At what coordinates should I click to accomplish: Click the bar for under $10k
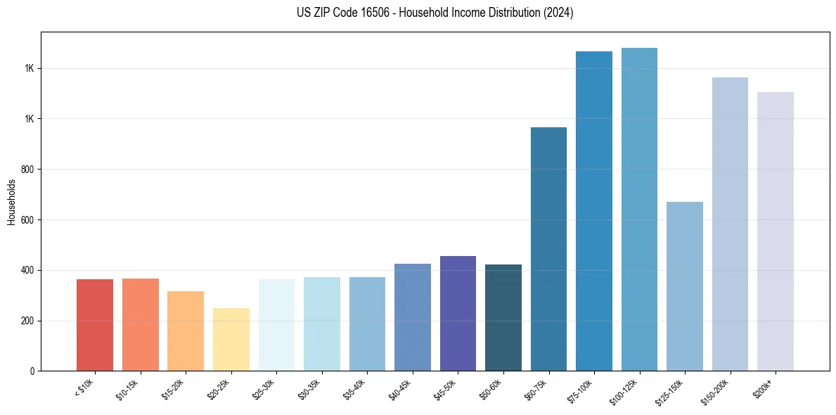click(95, 325)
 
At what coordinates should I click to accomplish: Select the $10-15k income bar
click(140, 324)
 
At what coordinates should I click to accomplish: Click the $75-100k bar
click(594, 211)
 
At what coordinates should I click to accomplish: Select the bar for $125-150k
click(685, 286)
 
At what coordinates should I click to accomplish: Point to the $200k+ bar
click(776, 231)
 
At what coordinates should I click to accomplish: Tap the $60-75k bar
click(548, 249)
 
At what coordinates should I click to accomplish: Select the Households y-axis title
click(12, 202)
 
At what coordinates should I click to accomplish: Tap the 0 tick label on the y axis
click(32, 371)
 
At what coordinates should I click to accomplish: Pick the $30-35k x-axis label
click(309, 389)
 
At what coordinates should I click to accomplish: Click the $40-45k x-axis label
click(400, 389)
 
